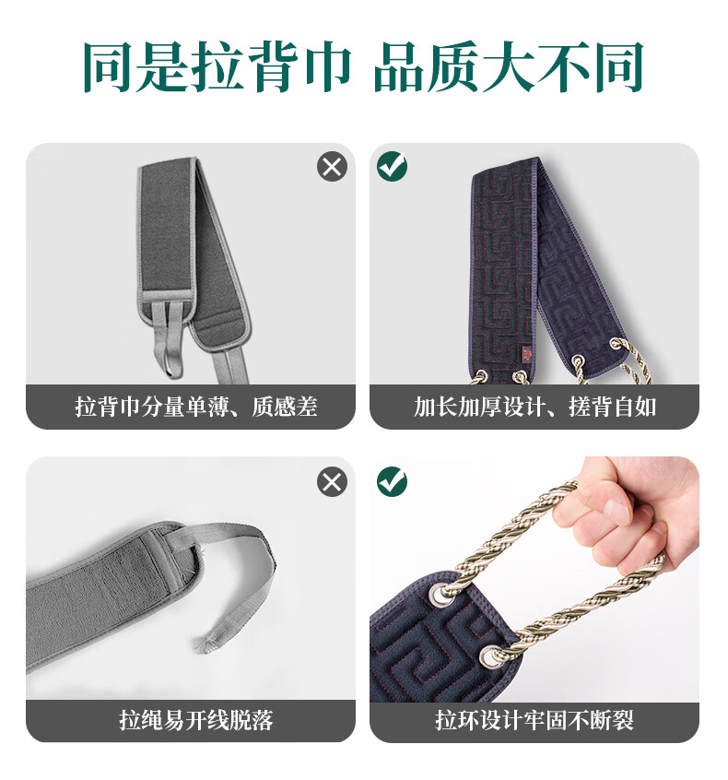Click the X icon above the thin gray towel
(x=332, y=166)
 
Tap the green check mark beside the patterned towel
(x=393, y=166)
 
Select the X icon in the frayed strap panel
(x=332, y=481)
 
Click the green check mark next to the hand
(x=393, y=481)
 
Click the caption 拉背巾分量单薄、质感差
(x=196, y=407)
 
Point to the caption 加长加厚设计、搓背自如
(x=535, y=407)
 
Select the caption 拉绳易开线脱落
(x=196, y=720)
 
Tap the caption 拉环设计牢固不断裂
(x=535, y=720)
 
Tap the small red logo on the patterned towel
(x=526, y=354)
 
